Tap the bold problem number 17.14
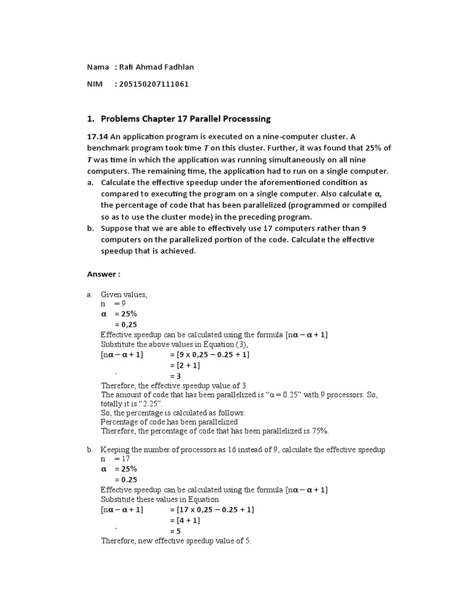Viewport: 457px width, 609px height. (98, 136)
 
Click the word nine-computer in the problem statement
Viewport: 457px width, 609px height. (285, 136)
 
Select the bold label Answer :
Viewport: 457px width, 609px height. (104, 274)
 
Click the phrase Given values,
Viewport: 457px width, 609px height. (124, 294)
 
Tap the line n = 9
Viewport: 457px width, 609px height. (113, 303)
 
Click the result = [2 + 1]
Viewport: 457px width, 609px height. (186, 365)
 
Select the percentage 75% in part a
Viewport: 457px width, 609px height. (319, 431)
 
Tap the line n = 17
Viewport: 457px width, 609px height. (115, 459)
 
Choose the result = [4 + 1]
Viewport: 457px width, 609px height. (186, 520)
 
